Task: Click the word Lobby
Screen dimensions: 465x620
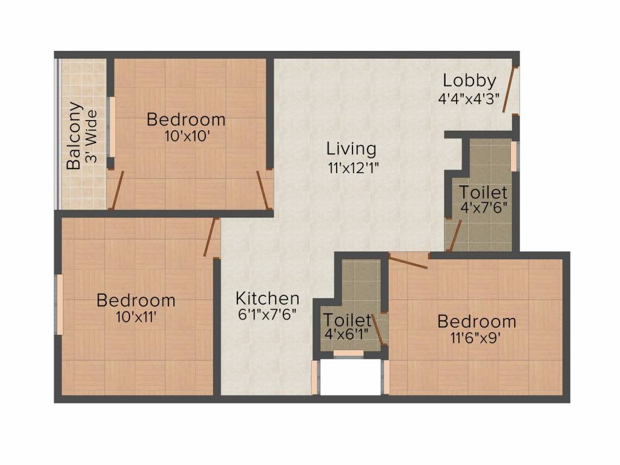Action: pos(469,81)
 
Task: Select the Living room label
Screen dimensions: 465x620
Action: pos(351,148)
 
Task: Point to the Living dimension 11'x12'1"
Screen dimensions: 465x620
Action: pos(354,167)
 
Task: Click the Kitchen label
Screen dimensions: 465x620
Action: pos(267,298)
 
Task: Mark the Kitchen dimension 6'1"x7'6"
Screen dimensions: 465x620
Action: pos(266,316)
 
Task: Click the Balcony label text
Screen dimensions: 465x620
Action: pos(74,136)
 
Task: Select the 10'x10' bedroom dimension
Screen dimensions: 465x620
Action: pos(186,136)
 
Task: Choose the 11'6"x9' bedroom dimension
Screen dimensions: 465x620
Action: pos(476,338)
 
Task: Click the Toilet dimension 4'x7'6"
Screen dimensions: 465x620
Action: pos(483,206)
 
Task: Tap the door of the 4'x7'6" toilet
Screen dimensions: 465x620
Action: pos(454,236)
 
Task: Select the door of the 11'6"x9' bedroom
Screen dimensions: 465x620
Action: pos(408,262)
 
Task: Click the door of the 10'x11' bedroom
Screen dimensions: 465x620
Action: pos(209,237)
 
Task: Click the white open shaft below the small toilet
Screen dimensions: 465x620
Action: pos(350,378)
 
